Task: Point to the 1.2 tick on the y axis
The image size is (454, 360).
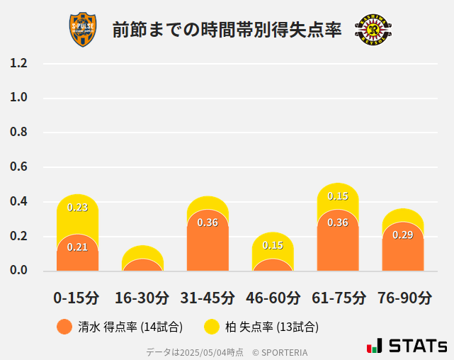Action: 18,64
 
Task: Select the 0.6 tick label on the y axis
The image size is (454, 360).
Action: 18,167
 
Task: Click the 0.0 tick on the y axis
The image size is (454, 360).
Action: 18,271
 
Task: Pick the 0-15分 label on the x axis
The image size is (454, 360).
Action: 76,298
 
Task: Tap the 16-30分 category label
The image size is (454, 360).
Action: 142,298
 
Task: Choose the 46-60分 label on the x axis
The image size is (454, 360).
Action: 273,298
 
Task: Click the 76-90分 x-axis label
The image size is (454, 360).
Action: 403,298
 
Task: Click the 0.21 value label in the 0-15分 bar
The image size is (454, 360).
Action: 77,247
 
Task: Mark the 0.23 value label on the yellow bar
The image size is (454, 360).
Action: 77,208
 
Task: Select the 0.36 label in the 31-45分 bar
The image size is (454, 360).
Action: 208,223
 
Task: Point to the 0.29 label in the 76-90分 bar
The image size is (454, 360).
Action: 403,235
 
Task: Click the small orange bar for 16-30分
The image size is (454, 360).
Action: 142,266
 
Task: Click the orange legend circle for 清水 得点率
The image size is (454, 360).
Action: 64,327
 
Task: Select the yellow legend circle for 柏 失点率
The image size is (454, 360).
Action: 212,327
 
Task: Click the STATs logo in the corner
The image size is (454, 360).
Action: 407,347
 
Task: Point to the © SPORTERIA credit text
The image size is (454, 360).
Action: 280,351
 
